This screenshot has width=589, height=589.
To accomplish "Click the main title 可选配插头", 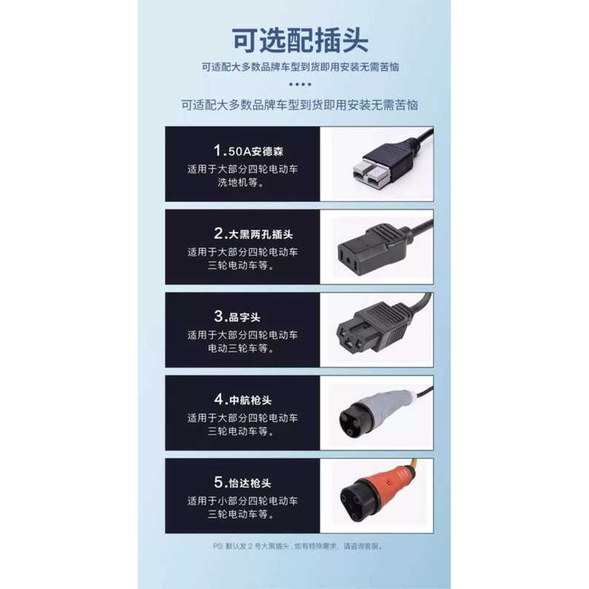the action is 300,40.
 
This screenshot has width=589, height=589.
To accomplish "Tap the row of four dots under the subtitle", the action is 300,84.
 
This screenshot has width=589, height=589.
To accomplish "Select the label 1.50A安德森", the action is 248,151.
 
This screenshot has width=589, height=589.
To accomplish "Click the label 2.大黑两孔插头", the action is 253,233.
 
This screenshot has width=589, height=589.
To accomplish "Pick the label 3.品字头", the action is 237,317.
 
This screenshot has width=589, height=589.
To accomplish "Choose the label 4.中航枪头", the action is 243,399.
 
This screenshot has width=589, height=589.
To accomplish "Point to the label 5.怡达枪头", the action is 243,482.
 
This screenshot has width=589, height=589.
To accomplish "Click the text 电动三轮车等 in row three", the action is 241,348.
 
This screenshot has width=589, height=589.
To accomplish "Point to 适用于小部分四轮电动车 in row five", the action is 242,501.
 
